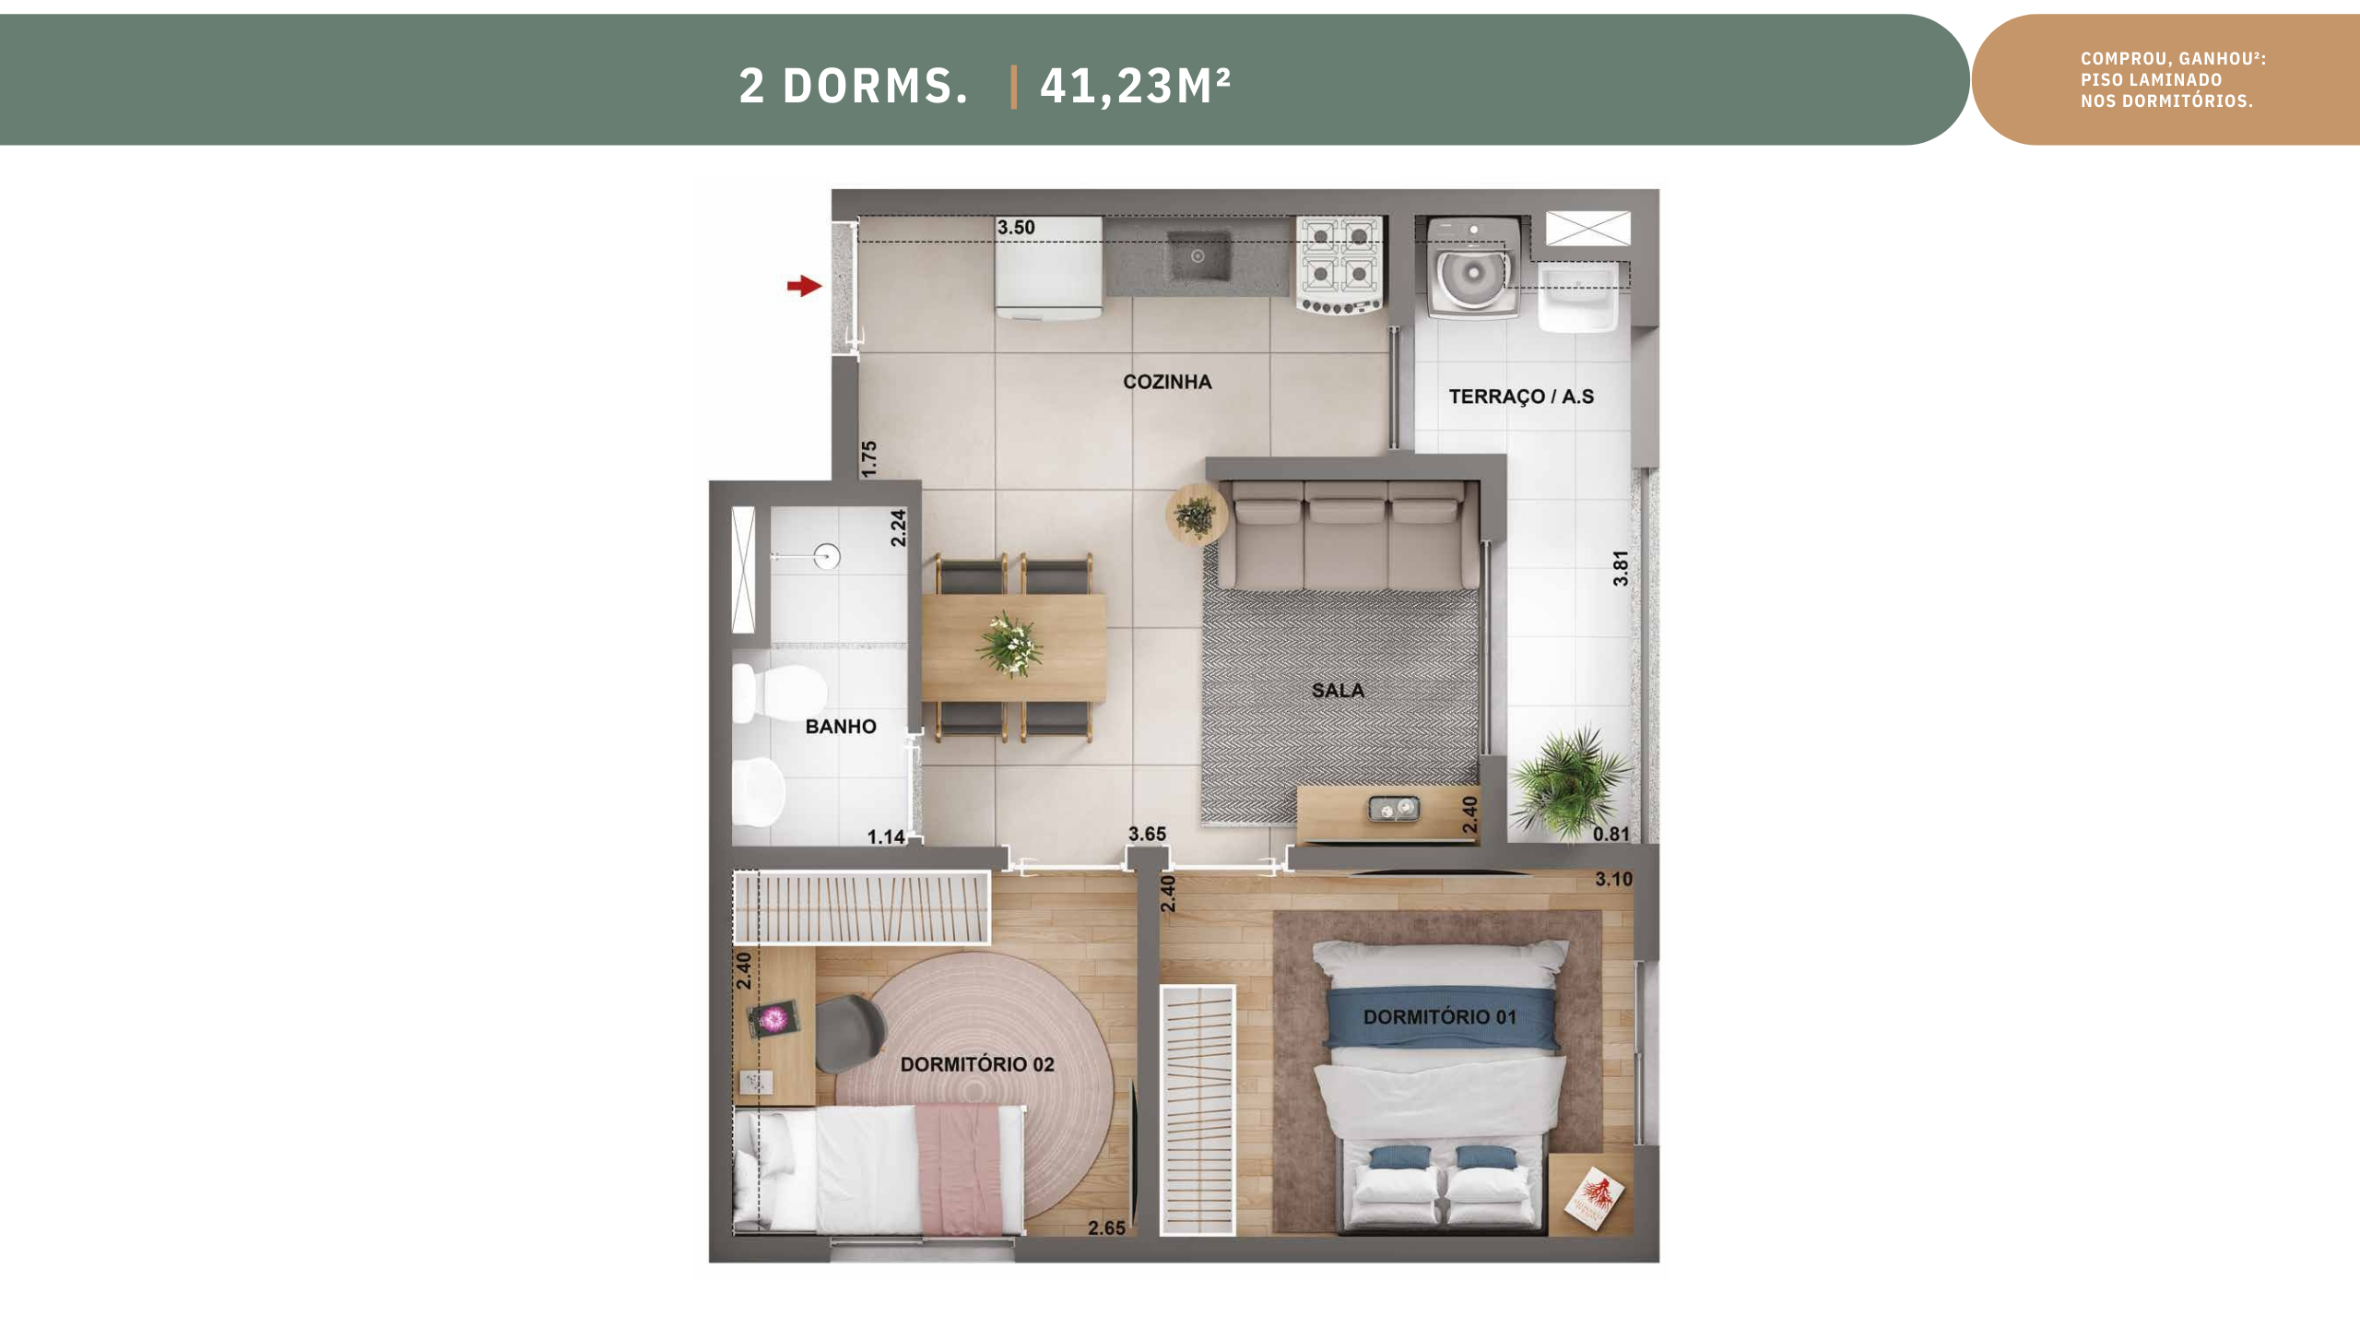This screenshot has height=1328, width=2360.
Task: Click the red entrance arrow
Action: click(804, 286)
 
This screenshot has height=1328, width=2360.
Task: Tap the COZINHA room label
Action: click(1167, 382)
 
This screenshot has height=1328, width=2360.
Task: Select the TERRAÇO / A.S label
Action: click(1521, 397)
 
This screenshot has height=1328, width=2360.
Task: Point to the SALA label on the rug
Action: click(1338, 690)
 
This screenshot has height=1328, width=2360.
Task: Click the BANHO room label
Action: click(841, 727)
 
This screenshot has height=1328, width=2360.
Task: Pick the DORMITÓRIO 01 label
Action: click(1439, 1017)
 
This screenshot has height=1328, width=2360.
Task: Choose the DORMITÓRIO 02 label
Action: click(977, 1064)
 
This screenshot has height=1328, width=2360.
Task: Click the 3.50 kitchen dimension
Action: click(1016, 228)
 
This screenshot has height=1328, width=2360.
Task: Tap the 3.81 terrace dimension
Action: click(1621, 568)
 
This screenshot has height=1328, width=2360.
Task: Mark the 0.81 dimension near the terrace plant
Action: click(1611, 835)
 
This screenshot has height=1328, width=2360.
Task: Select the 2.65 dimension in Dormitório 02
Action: click(1106, 1228)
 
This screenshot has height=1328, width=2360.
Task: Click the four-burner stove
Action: click(1339, 266)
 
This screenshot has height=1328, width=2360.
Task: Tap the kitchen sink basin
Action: click(1198, 257)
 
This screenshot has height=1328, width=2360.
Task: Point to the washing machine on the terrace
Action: click(1472, 267)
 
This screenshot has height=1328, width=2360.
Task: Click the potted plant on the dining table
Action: click(1009, 644)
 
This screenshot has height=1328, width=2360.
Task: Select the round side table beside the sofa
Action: click(1197, 516)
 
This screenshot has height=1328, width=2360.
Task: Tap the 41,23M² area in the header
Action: click(1135, 87)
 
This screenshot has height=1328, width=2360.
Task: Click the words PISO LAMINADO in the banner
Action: click(2151, 80)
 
